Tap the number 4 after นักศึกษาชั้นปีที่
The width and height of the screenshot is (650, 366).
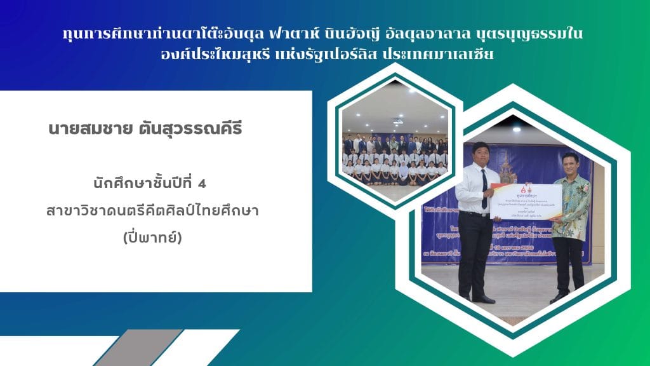[x=202, y=184]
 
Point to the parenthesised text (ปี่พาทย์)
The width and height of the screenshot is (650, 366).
[x=156, y=238]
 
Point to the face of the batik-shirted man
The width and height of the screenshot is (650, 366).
[x=569, y=161]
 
